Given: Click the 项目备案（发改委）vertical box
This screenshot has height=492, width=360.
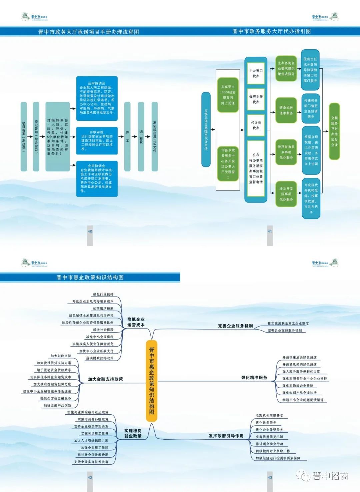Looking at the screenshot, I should (24, 136).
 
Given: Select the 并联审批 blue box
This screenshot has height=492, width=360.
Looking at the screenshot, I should (97, 140).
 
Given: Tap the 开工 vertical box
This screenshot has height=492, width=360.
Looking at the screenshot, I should (127, 136).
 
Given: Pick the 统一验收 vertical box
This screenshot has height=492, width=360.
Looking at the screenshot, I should (141, 136).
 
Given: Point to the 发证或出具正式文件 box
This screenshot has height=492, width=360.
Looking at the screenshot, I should (155, 136).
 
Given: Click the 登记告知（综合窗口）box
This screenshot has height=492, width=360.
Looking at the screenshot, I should (36, 136).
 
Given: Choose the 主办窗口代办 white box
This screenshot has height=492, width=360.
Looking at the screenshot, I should (256, 73).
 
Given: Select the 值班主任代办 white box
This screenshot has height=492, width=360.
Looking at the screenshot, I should (256, 99).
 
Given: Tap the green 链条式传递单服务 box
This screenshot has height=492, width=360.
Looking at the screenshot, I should (286, 110).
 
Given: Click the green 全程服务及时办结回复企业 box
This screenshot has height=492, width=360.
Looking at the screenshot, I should (334, 131).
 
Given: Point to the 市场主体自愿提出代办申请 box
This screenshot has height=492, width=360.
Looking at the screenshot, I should (206, 129).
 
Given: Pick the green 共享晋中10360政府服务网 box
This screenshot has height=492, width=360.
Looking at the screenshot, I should (228, 95).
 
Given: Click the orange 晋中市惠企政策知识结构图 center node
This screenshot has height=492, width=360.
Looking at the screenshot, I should (152, 381).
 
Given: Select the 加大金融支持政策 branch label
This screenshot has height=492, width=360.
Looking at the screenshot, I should (105, 379).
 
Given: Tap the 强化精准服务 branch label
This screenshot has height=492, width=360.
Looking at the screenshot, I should (254, 378).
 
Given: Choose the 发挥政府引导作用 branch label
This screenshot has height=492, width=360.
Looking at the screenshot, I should (226, 436).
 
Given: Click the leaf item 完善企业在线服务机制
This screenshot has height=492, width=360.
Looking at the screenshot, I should (285, 331).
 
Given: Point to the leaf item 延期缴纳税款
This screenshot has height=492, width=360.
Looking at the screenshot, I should (103, 309).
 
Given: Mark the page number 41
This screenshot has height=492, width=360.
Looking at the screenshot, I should (270, 231).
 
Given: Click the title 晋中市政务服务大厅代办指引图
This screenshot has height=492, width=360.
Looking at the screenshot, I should (272, 31).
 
